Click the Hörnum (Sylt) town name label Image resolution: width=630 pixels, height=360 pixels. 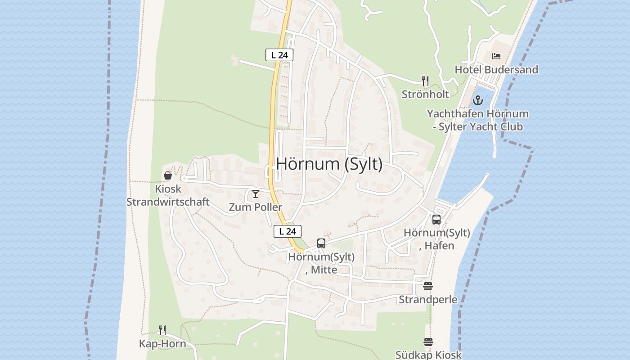[329, 164]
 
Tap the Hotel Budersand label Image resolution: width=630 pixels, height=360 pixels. [496, 70]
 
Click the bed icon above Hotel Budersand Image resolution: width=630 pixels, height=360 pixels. [496, 56]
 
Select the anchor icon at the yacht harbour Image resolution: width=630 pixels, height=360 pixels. [478, 100]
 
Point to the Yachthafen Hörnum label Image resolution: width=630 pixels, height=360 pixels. [478, 120]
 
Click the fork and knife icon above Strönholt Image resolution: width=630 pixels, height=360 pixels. [425, 81]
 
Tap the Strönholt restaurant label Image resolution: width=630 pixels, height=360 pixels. [425, 94]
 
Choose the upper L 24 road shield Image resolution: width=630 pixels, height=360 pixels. [279, 55]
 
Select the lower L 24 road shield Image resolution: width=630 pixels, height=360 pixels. [288, 231]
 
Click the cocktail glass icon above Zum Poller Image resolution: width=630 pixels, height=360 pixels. [256, 194]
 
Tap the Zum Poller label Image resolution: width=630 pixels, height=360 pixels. [256, 207]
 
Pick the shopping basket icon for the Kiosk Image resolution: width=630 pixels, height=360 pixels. [168, 175]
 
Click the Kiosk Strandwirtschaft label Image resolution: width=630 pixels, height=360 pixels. [168, 195]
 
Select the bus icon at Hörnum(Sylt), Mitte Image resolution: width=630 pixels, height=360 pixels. [321, 243]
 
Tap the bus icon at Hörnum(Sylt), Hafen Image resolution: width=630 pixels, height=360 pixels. [436, 220]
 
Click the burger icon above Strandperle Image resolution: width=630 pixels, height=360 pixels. [428, 286]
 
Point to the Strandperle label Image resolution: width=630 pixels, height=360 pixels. [428, 300]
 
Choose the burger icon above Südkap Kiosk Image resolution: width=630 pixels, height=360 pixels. [428, 342]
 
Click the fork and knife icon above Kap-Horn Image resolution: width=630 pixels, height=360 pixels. [162, 330]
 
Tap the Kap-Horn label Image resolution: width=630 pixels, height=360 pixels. [162, 344]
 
